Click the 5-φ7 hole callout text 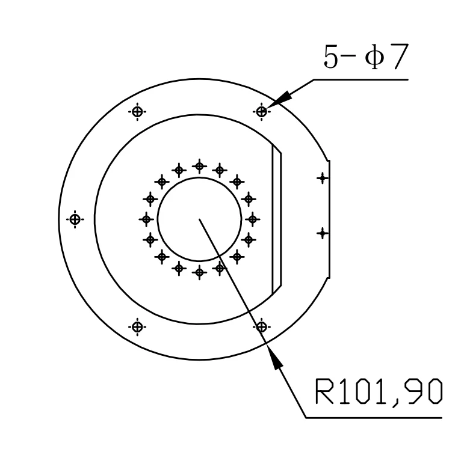tap(366, 57)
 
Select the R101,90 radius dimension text tap(379, 392)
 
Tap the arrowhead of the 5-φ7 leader tap(279, 99)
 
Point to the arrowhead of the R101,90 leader tap(274, 356)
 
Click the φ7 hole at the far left tap(75, 219)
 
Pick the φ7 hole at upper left tap(137, 112)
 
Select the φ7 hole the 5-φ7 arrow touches tap(262, 112)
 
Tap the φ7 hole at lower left tap(137, 327)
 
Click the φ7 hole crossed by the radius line tap(262, 327)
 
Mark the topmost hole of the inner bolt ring tap(199, 166)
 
